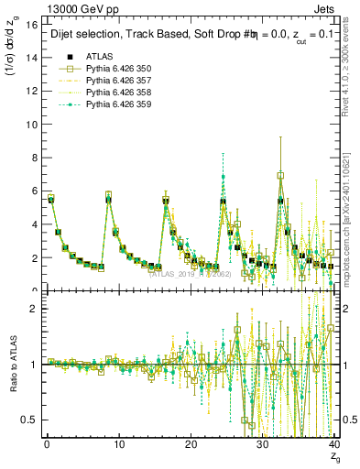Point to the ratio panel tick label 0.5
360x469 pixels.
tap(28, 420)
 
